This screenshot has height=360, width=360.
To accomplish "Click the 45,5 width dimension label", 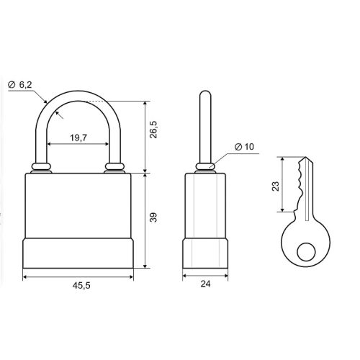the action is pyautogui.click(x=81, y=285).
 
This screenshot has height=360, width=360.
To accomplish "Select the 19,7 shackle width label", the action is pyautogui.click(x=78, y=138).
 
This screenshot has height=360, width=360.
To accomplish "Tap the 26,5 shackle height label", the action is pyautogui.click(x=153, y=130).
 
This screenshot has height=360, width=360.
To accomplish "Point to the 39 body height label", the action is pyautogui.click(x=153, y=217).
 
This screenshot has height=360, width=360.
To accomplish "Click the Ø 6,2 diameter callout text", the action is pyautogui.click(x=20, y=85).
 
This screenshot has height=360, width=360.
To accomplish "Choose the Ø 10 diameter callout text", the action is pyautogui.click(x=244, y=147).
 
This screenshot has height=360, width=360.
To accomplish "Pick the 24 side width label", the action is pyautogui.click(x=205, y=284).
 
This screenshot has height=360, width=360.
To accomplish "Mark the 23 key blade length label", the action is pyautogui.click(x=276, y=186).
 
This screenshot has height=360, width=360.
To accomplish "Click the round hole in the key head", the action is pyautogui.click(x=306, y=252).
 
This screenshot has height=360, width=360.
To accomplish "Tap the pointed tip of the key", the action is pyautogui.click(x=305, y=157).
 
